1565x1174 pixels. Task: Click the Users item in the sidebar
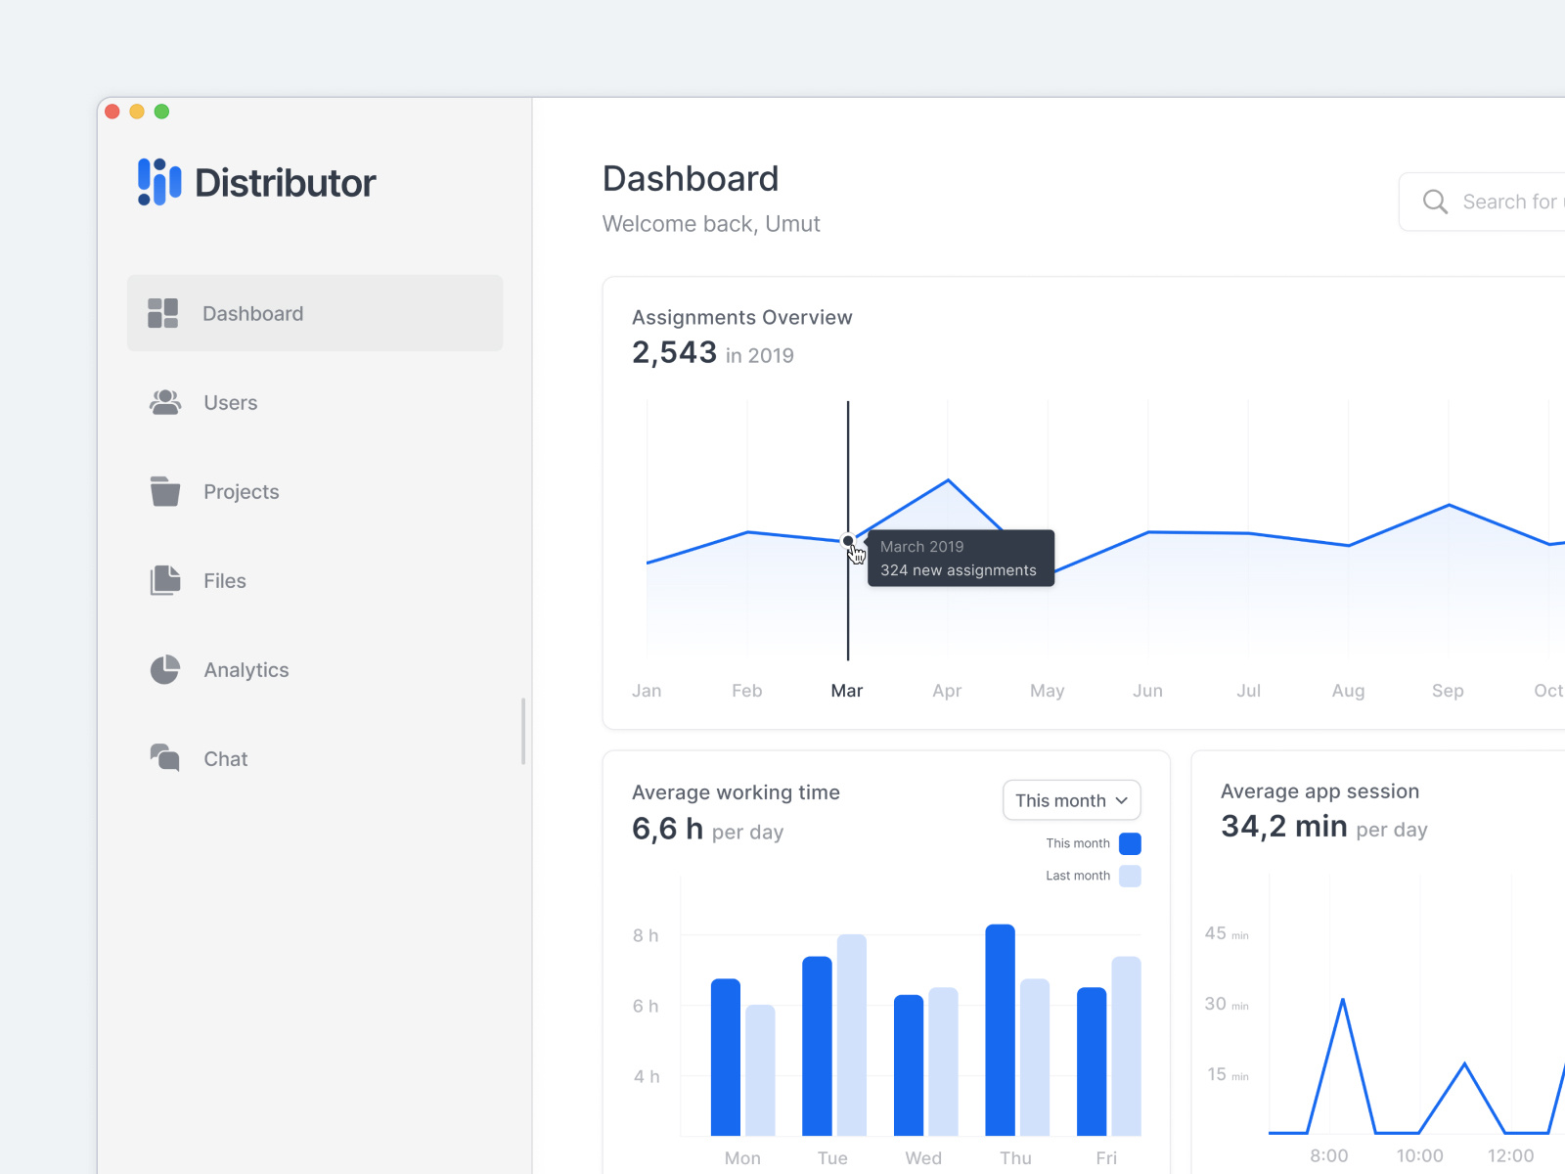(230, 403)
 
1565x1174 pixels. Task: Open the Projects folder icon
(165, 491)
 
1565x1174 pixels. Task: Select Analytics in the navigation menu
(246, 670)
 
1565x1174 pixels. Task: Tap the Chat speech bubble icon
(165, 758)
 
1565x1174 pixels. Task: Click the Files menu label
(224, 581)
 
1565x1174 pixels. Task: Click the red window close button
(112, 112)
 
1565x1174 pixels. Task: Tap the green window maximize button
(162, 112)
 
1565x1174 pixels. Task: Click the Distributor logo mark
(159, 182)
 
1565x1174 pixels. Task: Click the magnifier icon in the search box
(1435, 202)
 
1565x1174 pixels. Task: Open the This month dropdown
(1071, 800)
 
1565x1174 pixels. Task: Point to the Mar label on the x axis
(846, 691)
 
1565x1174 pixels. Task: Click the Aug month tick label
(1348, 691)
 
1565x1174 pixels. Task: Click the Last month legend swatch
(1130, 876)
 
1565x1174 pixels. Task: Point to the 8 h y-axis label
(646, 935)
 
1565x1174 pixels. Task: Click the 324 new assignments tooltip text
(958, 570)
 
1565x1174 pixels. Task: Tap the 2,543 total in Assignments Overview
(674, 352)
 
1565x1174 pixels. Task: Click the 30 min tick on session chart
(1226, 1004)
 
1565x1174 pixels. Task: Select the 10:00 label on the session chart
(1419, 1155)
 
